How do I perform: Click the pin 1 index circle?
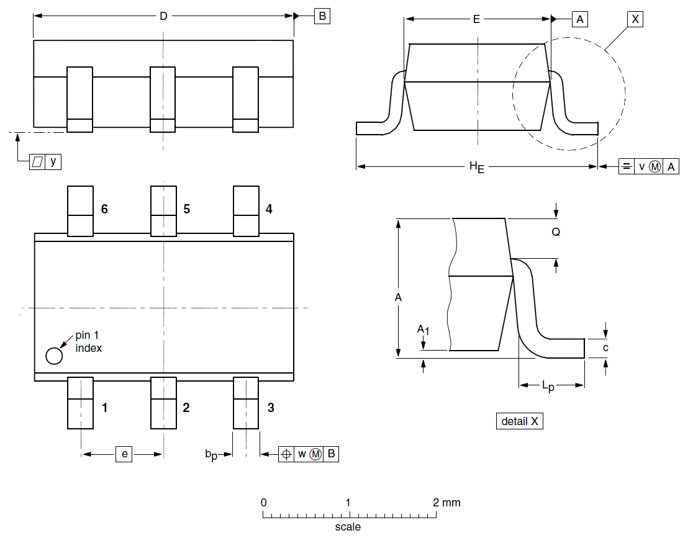tap(54, 356)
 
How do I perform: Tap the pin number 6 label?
tap(104, 209)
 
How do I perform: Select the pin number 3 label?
tap(271, 408)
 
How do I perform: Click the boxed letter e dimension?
tap(124, 454)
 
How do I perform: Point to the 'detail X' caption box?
tap(520, 421)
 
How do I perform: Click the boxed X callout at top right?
tap(634, 19)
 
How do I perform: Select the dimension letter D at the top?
tap(163, 16)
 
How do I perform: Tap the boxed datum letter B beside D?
tap(322, 16)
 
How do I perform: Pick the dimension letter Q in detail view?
tap(556, 231)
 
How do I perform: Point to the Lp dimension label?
tap(548, 386)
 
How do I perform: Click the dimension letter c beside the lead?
tap(605, 347)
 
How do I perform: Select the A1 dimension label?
tap(422, 329)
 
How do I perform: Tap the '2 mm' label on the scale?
tap(446, 502)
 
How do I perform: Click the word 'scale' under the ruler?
tap(348, 527)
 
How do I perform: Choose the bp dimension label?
tap(211, 455)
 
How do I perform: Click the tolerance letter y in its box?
tap(53, 161)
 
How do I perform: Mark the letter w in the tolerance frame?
tap(302, 454)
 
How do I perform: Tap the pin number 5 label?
tap(186, 209)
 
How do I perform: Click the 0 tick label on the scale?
tap(264, 502)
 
